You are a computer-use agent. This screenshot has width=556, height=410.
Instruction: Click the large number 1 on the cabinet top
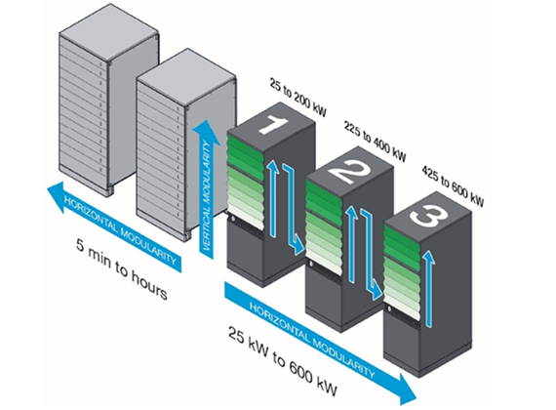coord(273,126)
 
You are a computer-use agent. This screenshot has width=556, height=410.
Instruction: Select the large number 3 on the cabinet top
coord(427,214)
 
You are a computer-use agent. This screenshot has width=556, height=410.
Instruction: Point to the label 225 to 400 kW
coord(376,142)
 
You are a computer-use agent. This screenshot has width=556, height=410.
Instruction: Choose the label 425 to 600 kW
coord(453,186)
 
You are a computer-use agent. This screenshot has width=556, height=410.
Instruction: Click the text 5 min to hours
coord(121,269)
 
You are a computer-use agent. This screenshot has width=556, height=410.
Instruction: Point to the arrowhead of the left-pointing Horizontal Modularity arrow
coord(56,195)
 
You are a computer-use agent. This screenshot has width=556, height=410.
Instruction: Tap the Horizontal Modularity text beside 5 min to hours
coord(120,229)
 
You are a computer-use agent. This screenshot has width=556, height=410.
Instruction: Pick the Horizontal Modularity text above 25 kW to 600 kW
coord(312,340)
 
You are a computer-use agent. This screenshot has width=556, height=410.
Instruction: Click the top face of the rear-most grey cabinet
coord(108,32)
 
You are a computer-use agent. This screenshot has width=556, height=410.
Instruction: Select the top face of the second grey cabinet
coord(186,77)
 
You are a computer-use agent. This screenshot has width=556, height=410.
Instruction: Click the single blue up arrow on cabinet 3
coord(429,288)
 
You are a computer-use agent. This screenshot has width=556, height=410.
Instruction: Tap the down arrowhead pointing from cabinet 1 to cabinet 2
coord(298,248)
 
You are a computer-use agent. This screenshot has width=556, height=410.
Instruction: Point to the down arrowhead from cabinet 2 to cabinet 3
coord(377,292)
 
